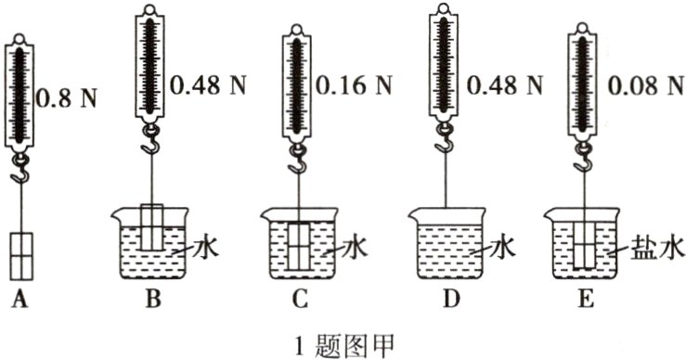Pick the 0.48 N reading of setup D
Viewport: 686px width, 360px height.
[506, 85]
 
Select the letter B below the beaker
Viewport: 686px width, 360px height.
[154, 298]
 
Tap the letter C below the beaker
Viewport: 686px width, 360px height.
[299, 298]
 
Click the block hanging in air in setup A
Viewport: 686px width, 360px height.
[21, 253]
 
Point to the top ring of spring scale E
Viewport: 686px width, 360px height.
[590, 11]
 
